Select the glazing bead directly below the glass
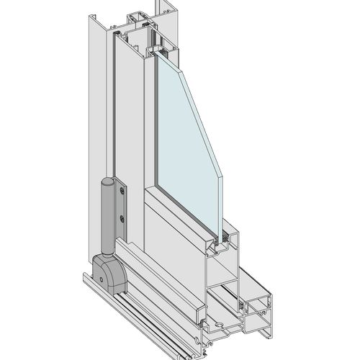point(180,216)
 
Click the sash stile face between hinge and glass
point(133,130)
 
